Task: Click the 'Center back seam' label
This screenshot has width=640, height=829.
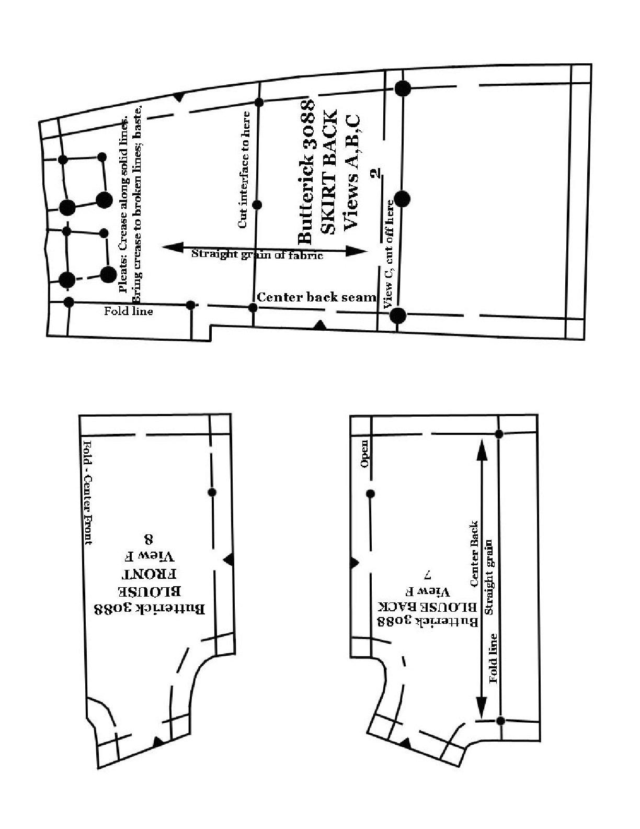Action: (x=317, y=298)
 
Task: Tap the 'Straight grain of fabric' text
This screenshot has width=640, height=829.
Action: (x=257, y=254)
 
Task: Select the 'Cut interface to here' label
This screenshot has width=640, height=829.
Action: (x=244, y=170)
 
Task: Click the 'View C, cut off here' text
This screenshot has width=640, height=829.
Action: (x=390, y=254)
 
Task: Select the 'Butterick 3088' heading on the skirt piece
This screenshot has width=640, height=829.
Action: (x=307, y=172)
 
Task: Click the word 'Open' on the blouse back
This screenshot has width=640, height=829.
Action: (x=364, y=454)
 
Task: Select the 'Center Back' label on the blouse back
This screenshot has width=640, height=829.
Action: (x=475, y=554)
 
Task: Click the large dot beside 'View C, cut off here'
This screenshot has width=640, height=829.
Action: (x=402, y=199)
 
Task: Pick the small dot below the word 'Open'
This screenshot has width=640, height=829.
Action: (x=370, y=494)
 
